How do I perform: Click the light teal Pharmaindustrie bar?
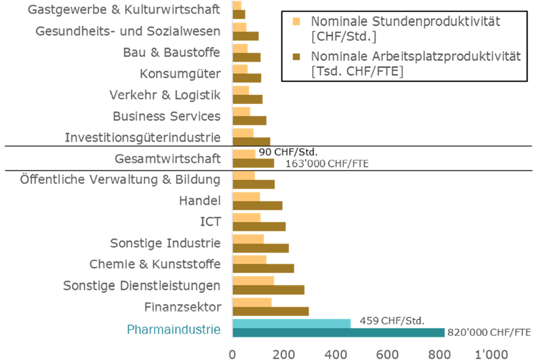(x=291, y=323)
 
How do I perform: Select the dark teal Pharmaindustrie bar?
(x=338, y=333)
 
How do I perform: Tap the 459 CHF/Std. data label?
(x=392, y=321)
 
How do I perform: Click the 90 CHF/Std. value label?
(x=287, y=152)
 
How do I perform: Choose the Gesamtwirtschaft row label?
(x=167, y=158)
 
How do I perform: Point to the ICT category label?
(x=209, y=221)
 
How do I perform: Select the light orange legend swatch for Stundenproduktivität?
(x=295, y=21)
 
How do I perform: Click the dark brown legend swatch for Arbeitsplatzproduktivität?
(x=295, y=56)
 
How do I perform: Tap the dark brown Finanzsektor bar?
(x=270, y=312)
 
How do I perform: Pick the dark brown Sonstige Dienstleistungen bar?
(x=268, y=290)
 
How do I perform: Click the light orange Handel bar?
(x=246, y=197)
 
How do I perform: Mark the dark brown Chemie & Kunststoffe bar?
(x=263, y=268)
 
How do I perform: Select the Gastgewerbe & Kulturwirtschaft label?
(x=124, y=10)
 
